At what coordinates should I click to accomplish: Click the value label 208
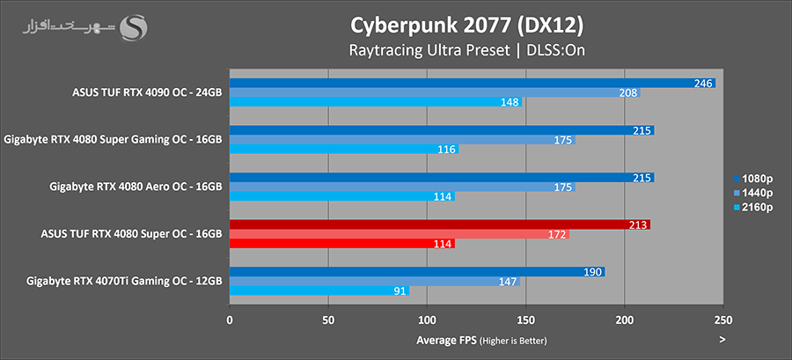(628, 92)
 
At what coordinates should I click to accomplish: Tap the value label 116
(447, 150)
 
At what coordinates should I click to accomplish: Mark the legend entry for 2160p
(753, 207)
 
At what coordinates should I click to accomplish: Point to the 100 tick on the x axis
(427, 321)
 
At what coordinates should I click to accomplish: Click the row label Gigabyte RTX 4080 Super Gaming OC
(113, 139)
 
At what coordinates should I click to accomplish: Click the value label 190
(593, 272)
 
